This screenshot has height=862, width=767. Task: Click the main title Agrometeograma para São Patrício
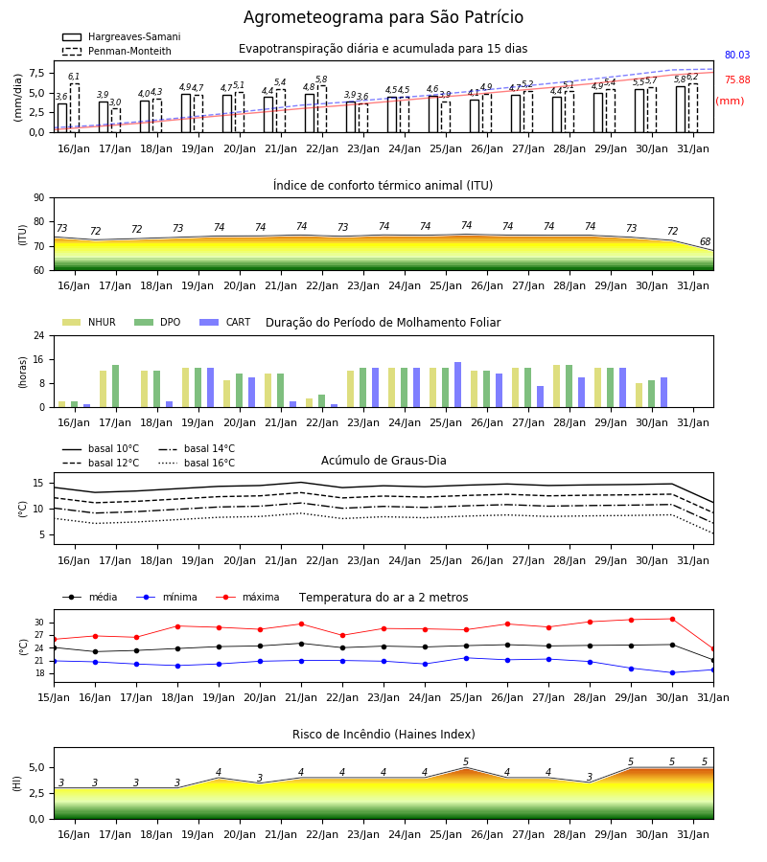coord(383,17)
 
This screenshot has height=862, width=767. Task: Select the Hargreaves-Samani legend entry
coord(121,36)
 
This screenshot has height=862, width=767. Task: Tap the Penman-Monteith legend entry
coord(117,51)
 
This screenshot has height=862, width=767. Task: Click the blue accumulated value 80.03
coord(737,55)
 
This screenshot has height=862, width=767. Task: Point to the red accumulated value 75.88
coord(737,79)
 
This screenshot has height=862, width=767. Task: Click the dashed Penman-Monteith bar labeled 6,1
coord(74,108)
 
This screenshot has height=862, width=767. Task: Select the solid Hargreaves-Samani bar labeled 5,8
coord(681,109)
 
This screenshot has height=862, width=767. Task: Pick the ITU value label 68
coord(705,241)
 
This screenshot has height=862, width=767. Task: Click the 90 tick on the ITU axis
coord(39,198)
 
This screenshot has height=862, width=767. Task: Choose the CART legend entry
coord(225,322)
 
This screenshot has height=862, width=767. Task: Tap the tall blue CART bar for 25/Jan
coord(457,385)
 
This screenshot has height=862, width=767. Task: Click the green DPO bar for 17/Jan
coord(116,386)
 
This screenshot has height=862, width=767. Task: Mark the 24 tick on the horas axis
coord(39,335)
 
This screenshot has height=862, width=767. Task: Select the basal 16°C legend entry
coord(197,463)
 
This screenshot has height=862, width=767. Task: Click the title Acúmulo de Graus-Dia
coord(383,460)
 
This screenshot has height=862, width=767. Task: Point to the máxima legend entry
coord(247,597)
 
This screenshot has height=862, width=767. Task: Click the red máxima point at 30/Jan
coord(672,619)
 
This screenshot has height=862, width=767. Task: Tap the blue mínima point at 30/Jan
coord(672,673)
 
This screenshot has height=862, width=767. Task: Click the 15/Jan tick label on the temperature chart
coord(54,697)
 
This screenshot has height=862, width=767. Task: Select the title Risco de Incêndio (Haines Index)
coord(383,735)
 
